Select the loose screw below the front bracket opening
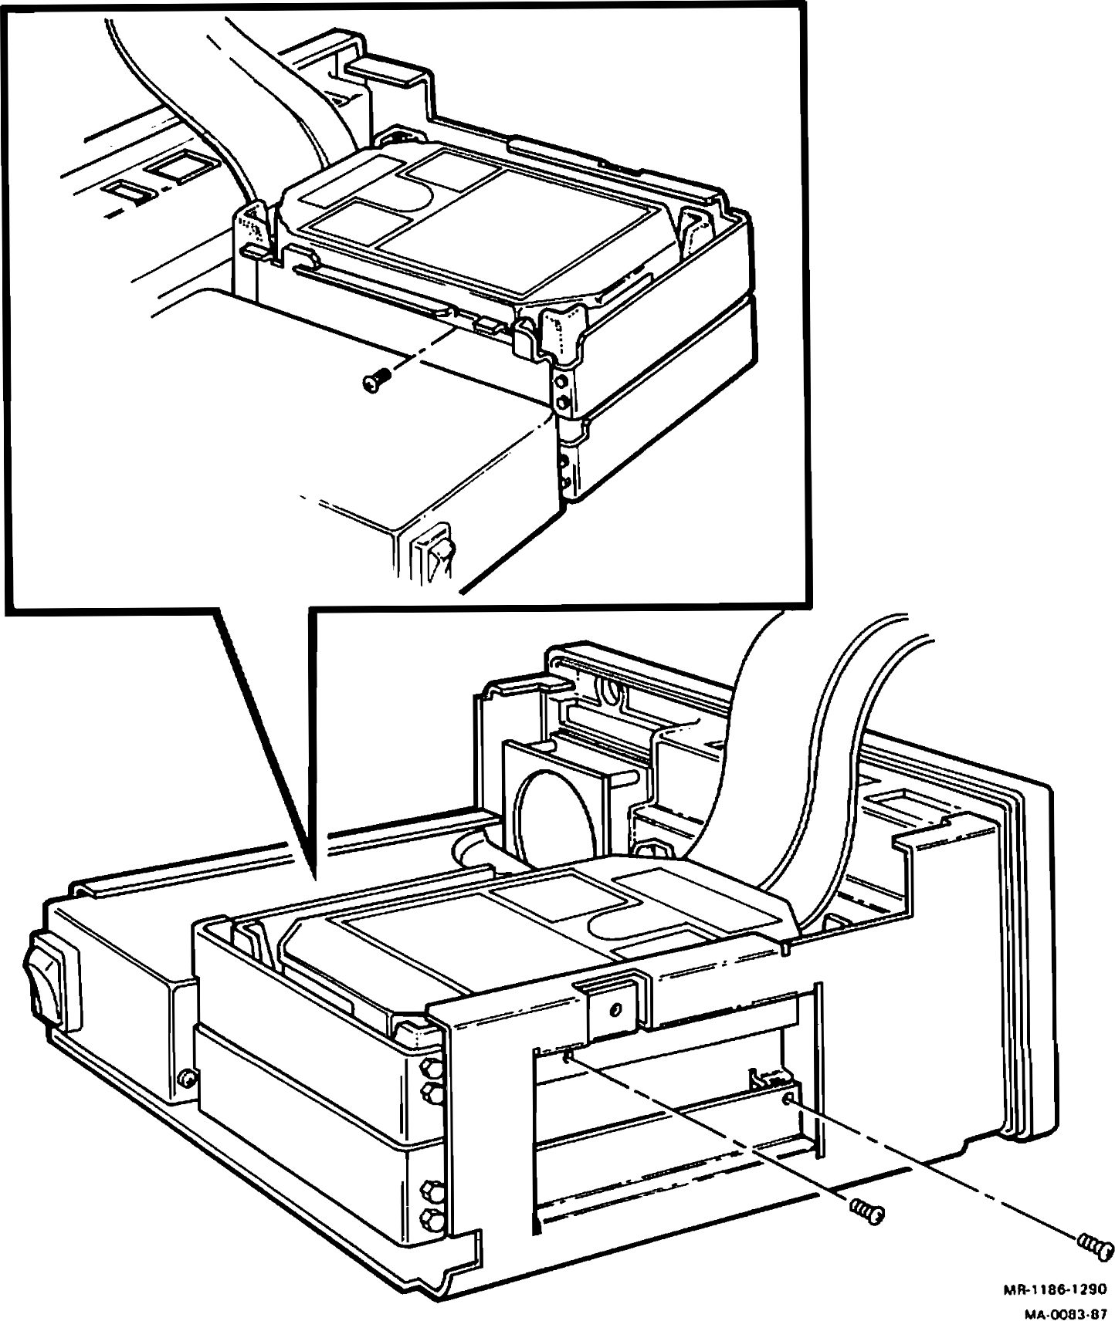pyautogui.click(x=866, y=1211)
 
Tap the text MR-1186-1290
pyautogui.click(x=1054, y=1289)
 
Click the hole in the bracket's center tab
pyautogui.click(x=615, y=1009)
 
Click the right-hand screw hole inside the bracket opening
pyautogui.click(x=787, y=1098)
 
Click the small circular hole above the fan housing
pyautogui.click(x=611, y=692)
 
